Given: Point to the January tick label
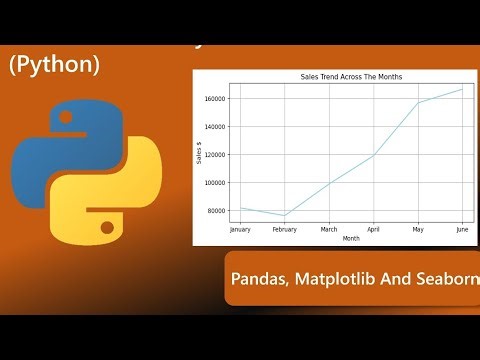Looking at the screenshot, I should click(240, 229).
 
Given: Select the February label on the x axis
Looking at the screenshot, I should click(285, 229).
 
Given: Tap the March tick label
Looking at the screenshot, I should click(329, 229).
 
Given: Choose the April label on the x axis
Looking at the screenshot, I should click(373, 229).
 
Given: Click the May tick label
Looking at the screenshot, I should click(417, 229).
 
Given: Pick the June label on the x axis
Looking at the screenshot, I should click(461, 229).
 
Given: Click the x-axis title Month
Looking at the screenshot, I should click(350, 238).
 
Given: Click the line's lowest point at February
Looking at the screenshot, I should click(285, 216).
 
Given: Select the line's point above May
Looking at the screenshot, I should click(417, 103).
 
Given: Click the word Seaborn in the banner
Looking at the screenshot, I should click(442, 282).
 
